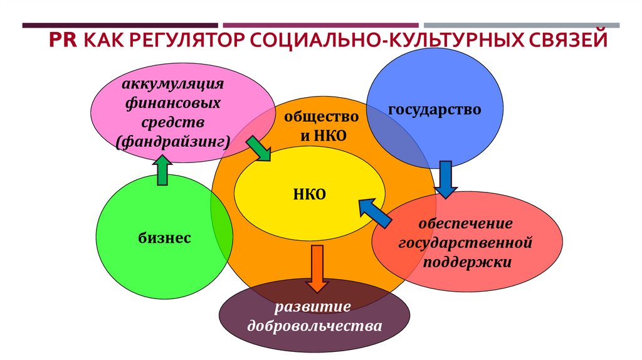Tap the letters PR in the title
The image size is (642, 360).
62,42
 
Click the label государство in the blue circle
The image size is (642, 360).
434,110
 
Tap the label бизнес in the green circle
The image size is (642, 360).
164,238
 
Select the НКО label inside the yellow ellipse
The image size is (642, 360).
309,194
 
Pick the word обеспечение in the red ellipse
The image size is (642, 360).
466,223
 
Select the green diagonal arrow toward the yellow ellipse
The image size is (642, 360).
258,148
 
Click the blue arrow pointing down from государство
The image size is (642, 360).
446,179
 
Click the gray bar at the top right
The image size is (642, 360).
521,25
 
